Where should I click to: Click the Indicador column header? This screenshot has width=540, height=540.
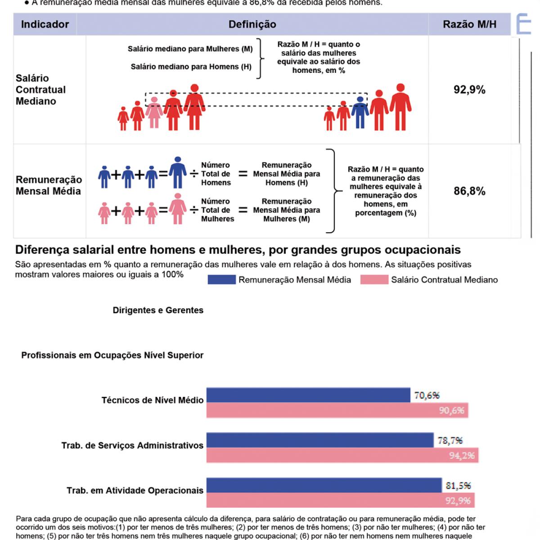pyautogui.click(x=45, y=24)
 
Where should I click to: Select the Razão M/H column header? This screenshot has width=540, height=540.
pyautogui.click(x=469, y=24)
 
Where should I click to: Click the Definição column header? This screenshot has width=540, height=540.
pyautogui.click(x=252, y=24)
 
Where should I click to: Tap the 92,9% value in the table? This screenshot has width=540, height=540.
pyautogui.click(x=469, y=90)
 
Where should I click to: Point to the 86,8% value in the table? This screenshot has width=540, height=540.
pyautogui.click(x=469, y=191)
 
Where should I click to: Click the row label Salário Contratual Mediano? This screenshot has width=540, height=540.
pyautogui.click(x=40, y=90)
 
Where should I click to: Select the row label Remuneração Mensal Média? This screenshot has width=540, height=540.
pyautogui.click(x=49, y=185)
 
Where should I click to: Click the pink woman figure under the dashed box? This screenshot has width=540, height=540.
pyautogui.click(x=154, y=112)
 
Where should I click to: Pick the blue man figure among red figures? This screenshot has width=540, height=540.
pyautogui.click(x=360, y=112)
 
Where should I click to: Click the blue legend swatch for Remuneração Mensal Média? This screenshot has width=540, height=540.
pyautogui.click(x=221, y=280)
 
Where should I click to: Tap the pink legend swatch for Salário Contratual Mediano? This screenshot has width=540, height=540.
pyautogui.click(x=374, y=280)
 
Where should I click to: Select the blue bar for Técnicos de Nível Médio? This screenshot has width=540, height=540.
pyautogui.click(x=308, y=395)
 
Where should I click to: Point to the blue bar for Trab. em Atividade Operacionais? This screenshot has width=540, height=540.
pyautogui.click(x=324, y=485)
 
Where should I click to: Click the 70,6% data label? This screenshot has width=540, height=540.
pyautogui.click(x=427, y=396)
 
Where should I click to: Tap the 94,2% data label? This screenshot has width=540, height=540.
pyautogui.click(x=462, y=455)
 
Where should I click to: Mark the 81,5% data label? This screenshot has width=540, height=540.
pyautogui.click(x=458, y=486)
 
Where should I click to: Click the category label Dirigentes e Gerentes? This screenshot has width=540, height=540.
pyautogui.click(x=158, y=310)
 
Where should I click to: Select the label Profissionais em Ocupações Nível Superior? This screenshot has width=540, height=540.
pyautogui.click(x=112, y=355)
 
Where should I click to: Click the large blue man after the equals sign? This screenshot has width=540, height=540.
pyautogui.click(x=178, y=172)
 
